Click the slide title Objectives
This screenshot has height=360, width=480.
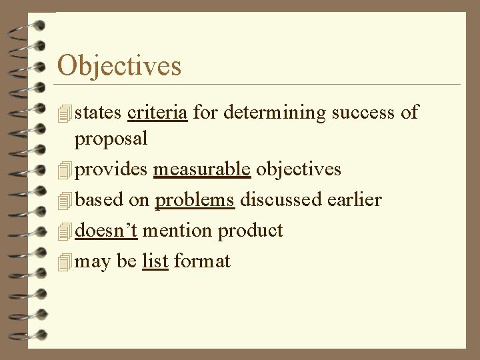(x=119, y=66)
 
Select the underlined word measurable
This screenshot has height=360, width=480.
(x=202, y=170)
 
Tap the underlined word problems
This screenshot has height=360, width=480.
(x=195, y=200)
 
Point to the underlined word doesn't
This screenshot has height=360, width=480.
(x=107, y=231)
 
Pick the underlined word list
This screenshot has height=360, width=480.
(x=155, y=261)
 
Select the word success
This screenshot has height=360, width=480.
(x=364, y=112)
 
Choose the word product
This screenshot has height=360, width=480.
(x=250, y=231)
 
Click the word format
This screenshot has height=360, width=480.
(x=202, y=261)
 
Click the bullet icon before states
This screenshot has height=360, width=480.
(x=64, y=113)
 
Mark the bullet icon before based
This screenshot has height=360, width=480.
(x=64, y=201)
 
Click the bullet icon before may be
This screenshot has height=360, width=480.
(x=64, y=261)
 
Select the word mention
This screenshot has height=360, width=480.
(x=175, y=231)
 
